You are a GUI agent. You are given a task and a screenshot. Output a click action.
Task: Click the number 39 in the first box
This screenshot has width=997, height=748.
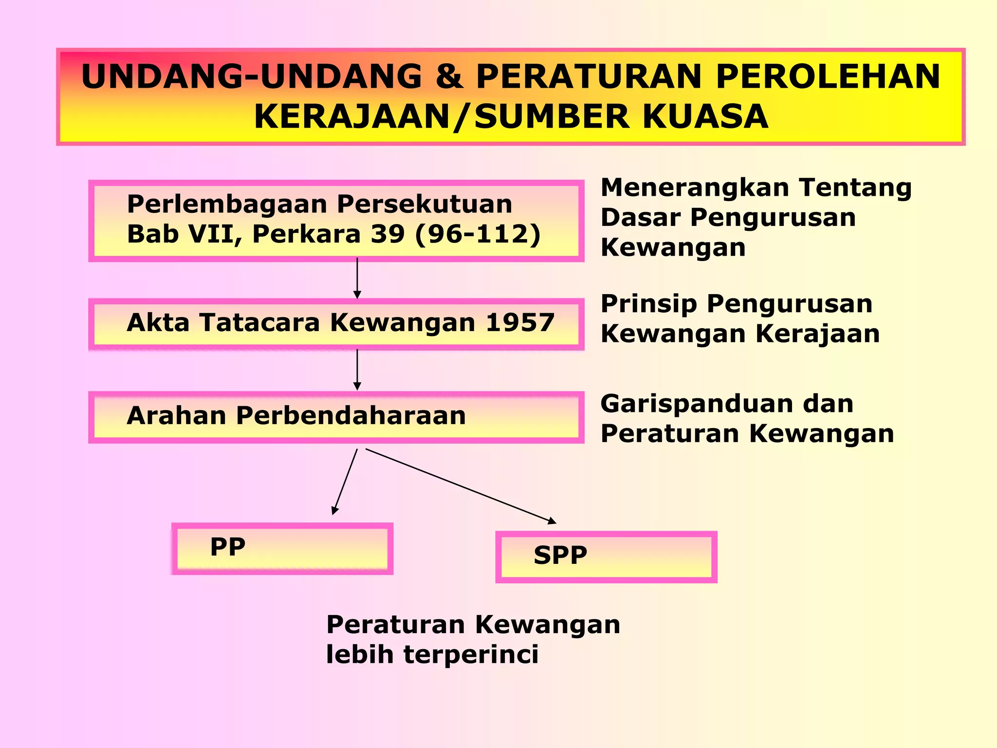tap(388, 234)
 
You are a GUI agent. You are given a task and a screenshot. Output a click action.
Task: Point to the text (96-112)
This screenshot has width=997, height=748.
tap(478, 234)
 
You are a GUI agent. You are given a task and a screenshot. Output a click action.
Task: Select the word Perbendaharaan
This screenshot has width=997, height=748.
tap(351, 416)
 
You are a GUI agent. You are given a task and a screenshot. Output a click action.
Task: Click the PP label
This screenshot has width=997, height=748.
tap(227, 547)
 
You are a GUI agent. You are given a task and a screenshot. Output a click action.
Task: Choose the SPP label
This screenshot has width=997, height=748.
tap(560, 555)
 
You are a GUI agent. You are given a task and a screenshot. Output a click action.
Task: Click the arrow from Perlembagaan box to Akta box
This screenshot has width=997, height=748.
tap(357, 278)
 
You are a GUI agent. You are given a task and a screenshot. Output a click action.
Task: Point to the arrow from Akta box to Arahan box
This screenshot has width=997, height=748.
tap(357, 370)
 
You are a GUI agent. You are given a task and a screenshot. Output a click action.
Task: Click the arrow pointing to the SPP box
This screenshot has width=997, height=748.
tap(460, 486)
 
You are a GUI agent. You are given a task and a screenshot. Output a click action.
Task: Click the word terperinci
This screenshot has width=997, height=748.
tap(471, 654)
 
